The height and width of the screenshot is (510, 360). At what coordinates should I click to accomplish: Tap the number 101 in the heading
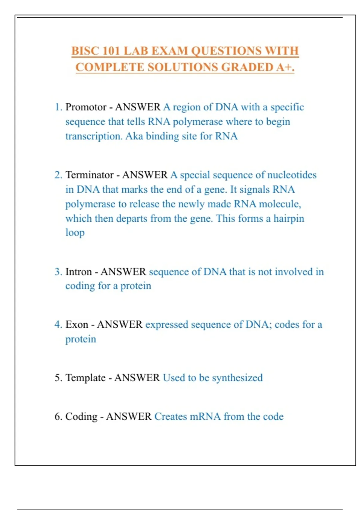111,51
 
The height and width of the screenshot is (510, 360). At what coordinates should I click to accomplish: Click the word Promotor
86,107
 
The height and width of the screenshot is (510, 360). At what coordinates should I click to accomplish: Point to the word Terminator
89,175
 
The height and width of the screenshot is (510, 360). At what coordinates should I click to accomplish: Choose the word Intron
79,272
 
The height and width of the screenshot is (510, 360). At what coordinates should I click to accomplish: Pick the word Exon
77,325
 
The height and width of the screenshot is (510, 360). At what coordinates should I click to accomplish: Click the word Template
85,378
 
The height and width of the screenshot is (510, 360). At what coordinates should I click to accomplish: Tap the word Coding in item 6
81,417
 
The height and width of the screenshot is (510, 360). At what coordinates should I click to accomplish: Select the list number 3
58,272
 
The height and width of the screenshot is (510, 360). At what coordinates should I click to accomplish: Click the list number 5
58,378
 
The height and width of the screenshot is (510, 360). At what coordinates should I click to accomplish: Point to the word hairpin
289,219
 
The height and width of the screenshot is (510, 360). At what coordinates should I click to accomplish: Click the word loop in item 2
75,233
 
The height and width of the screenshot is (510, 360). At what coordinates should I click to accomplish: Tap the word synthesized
237,378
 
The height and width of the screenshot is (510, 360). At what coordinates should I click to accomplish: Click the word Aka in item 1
134,136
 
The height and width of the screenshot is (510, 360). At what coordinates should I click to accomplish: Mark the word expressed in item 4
166,325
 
